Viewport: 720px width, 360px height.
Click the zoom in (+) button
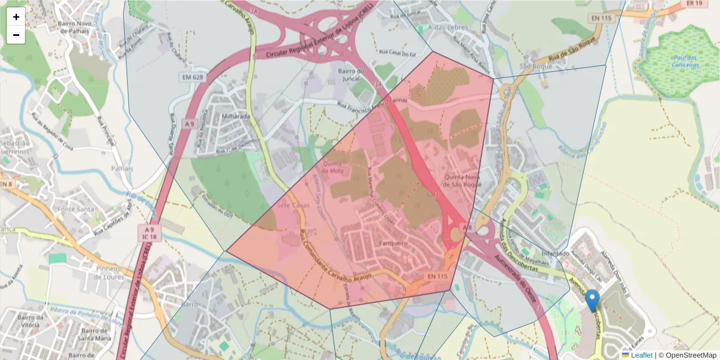16,17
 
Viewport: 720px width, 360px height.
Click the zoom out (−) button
16,35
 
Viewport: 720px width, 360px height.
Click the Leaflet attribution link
641,355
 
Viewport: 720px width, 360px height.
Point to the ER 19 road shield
694,4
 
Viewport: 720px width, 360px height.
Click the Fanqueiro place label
394,244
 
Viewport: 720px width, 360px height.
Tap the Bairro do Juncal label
351,76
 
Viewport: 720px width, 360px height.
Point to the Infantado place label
554,254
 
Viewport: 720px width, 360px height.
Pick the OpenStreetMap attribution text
691,355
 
